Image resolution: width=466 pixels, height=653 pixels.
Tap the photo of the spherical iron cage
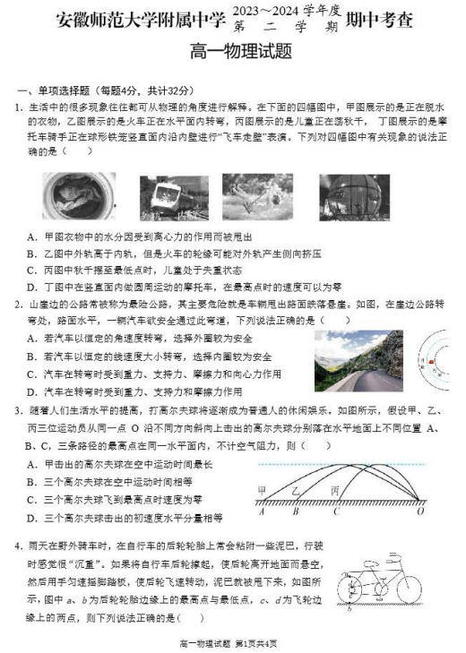pos(354,196)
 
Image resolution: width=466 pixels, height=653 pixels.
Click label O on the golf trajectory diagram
pos(420,512)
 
